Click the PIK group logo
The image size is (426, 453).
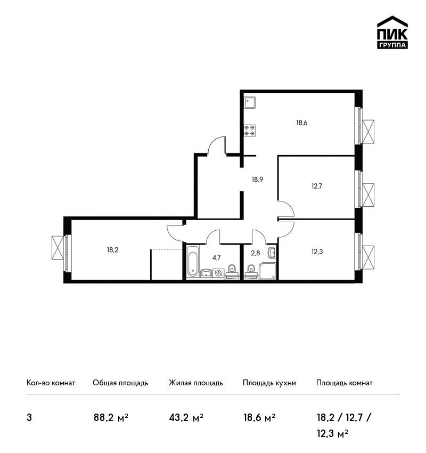392,33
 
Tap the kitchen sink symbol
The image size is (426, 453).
250,102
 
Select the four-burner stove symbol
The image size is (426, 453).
250,130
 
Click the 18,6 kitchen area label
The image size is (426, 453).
301,123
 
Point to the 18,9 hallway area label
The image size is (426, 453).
257,180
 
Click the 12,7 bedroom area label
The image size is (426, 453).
317,186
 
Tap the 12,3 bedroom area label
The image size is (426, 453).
317,252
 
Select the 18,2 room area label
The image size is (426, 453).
112,250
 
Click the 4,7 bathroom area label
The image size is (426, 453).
217,258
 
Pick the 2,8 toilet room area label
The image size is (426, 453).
256,253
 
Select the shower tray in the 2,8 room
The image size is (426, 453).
268,271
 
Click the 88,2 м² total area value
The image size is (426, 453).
111,418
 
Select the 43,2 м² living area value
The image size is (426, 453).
186,418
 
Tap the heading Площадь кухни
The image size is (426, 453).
269,383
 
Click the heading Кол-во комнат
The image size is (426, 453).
51,383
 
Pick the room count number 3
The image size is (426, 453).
29,418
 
